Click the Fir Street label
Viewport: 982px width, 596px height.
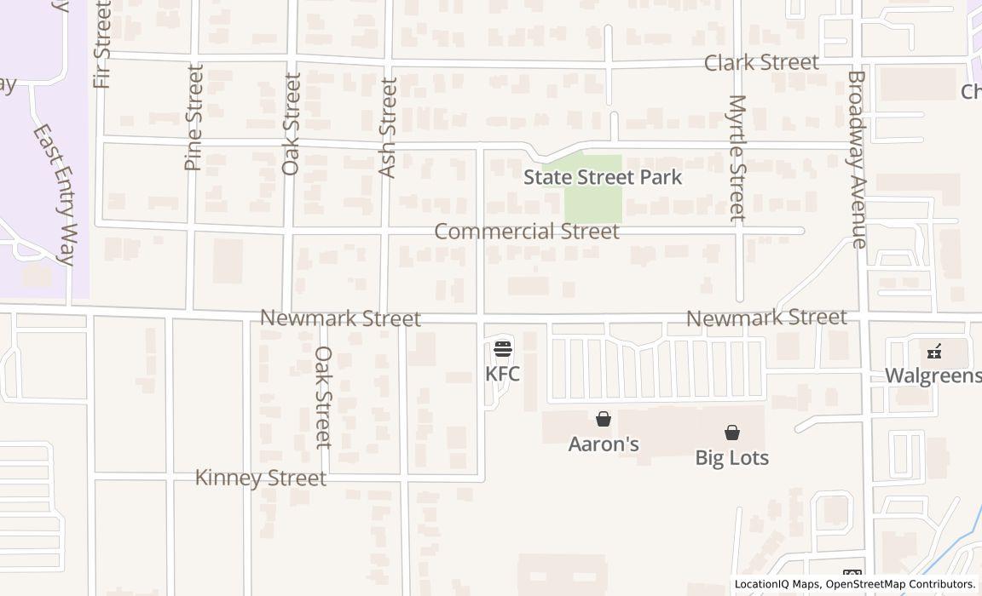click(x=103, y=44)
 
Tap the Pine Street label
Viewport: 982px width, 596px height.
click(x=194, y=117)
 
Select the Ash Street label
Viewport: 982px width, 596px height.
click(x=388, y=128)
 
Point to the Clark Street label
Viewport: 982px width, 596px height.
click(x=761, y=62)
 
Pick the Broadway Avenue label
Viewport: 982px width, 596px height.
click(x=857, y=159)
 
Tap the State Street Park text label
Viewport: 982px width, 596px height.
click(x=603, y=177)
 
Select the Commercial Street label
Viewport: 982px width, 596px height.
click(x=527, y=232)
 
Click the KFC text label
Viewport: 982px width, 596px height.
click(x=502, y=374)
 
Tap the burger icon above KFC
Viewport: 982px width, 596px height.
click(x=502, y=348)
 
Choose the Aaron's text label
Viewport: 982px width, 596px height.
click(x=604, y=444)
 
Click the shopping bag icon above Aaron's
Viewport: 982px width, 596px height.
click(x=604, y=419)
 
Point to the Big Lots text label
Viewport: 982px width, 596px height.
click(x=731, y=458)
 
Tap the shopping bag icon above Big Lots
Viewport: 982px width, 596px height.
click(x=731, y=433)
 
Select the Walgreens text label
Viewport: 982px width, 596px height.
click(x=933, y=375)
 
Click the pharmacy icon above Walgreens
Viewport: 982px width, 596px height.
click(x=934, y=351)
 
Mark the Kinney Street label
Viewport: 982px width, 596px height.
click(x=261, y=479)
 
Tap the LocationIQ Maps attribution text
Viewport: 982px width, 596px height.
click(x=777, y=584)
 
